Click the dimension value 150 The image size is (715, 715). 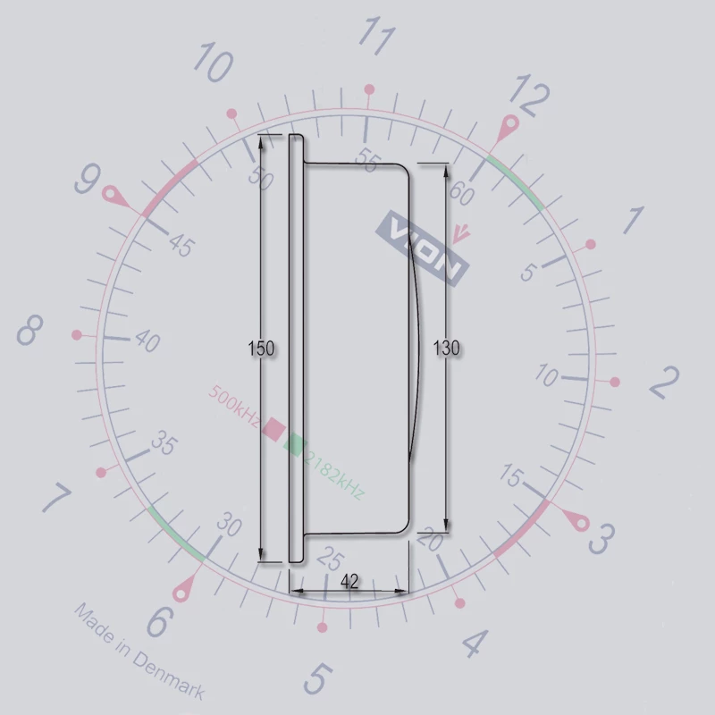261,349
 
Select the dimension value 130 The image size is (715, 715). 446,348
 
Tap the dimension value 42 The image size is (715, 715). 349,581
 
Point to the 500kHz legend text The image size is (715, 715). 234,403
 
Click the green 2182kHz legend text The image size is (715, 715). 333,474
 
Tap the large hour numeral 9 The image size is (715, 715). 87,181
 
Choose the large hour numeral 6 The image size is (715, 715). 157,623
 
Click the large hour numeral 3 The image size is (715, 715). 601,539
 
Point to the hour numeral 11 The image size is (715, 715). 377,38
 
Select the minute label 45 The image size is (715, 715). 181,245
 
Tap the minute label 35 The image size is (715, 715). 163,442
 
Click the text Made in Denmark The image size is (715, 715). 139,652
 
